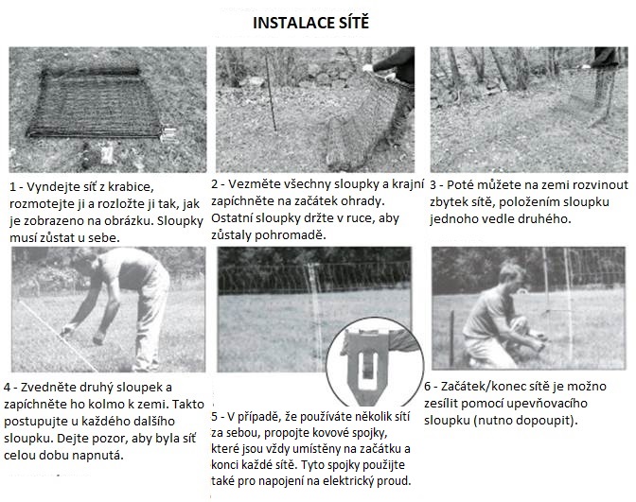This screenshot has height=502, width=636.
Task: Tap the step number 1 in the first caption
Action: pyautogui.click(x=13, y=187)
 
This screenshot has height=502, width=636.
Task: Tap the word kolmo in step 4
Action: pyautogui.click(x=90, y=404)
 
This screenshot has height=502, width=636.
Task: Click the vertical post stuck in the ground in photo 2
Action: pyautogui.click(x=271, y=94)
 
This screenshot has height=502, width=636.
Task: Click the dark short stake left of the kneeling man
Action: pyautogui.click(x=451, y=338)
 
